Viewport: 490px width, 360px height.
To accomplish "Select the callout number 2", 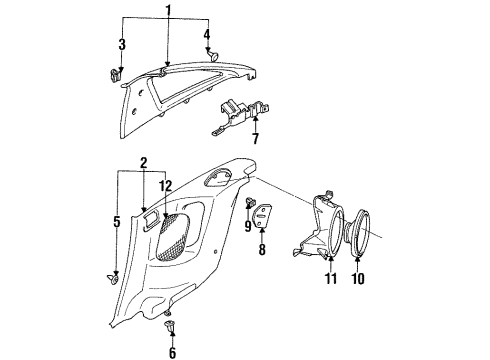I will click(x=144, y=161).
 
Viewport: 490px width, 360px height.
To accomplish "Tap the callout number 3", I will click(x=122, y=44).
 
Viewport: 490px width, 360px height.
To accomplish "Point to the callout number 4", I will click(x=208, y=36).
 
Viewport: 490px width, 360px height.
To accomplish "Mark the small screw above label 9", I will click(x=246, y=204).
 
